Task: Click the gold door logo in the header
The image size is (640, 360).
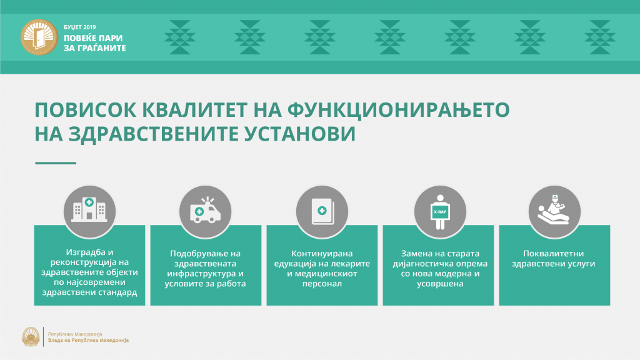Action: click(39, 37)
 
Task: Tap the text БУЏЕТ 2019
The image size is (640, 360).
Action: click(79, 27)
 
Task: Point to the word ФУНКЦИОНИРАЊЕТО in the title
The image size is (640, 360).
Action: click(398, 110)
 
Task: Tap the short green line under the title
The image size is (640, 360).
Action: click(56, 163)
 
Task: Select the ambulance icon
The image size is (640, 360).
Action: click(205, 210)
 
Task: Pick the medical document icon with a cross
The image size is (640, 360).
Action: click(322, 211)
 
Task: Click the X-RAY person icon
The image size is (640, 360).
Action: click(440, 212)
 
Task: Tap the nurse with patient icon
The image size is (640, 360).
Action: click(554, 209)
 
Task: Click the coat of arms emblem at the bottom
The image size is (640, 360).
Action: click(31, 337)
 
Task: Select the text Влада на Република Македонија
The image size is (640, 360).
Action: click(88, 340)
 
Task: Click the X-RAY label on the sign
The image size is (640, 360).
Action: click(440, 212)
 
